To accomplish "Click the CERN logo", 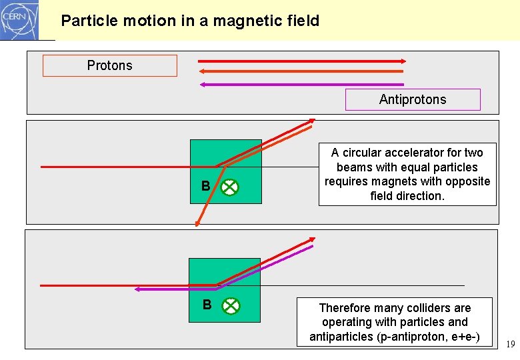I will point(19,19).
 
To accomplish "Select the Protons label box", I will point(110,65).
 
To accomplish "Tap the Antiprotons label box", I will point(413,99).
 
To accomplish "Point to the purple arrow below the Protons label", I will point(302,85).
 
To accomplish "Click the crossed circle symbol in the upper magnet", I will point(229,187).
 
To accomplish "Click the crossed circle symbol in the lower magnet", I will point(229,306).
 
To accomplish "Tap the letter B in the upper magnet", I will point(206,186).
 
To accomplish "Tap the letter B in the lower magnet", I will point(207,305).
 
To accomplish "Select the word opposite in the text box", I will point(469,181).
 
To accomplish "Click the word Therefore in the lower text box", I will point(345,308).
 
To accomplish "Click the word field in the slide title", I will point(301,21).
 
